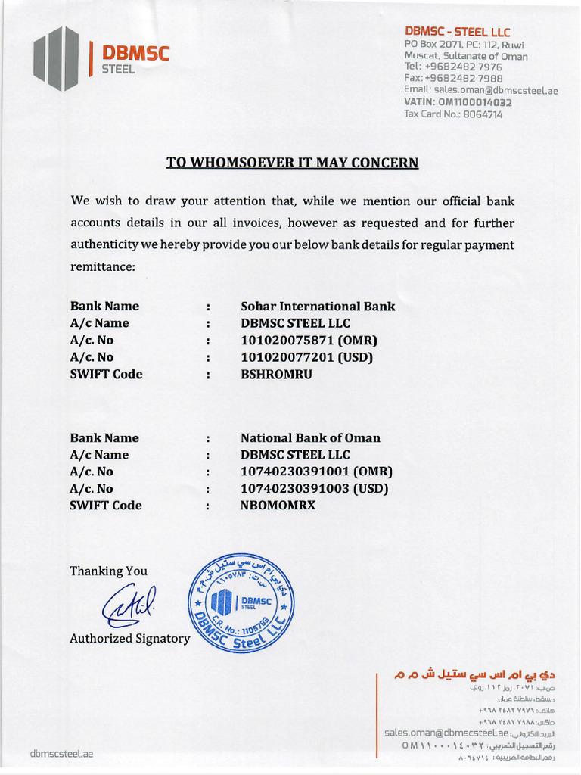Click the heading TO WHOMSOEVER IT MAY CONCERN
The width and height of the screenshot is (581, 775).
[292, 163]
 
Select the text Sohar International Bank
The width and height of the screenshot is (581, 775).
[318, 307]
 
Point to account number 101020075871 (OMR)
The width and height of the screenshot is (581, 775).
[309, 341]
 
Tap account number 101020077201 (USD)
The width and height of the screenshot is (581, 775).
[307, 357]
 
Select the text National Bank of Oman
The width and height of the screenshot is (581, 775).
[310, 438]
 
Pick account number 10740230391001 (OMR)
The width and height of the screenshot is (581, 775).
[316, 472]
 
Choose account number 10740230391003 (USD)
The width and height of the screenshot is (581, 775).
[314, 489]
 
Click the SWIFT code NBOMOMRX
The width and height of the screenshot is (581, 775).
[278, 506]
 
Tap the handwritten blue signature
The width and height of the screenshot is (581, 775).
[129, 605]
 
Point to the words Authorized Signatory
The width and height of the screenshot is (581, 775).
[130, 639]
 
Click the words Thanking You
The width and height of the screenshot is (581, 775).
[108, 571]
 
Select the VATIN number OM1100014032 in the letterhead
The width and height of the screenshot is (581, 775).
[458, 102]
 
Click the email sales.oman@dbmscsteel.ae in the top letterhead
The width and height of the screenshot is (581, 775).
[481, 90]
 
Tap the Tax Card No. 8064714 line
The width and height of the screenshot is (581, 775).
[453, 114]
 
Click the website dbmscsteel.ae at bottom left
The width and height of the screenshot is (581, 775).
[61, 754]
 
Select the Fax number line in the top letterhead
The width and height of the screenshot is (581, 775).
[453, 78]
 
